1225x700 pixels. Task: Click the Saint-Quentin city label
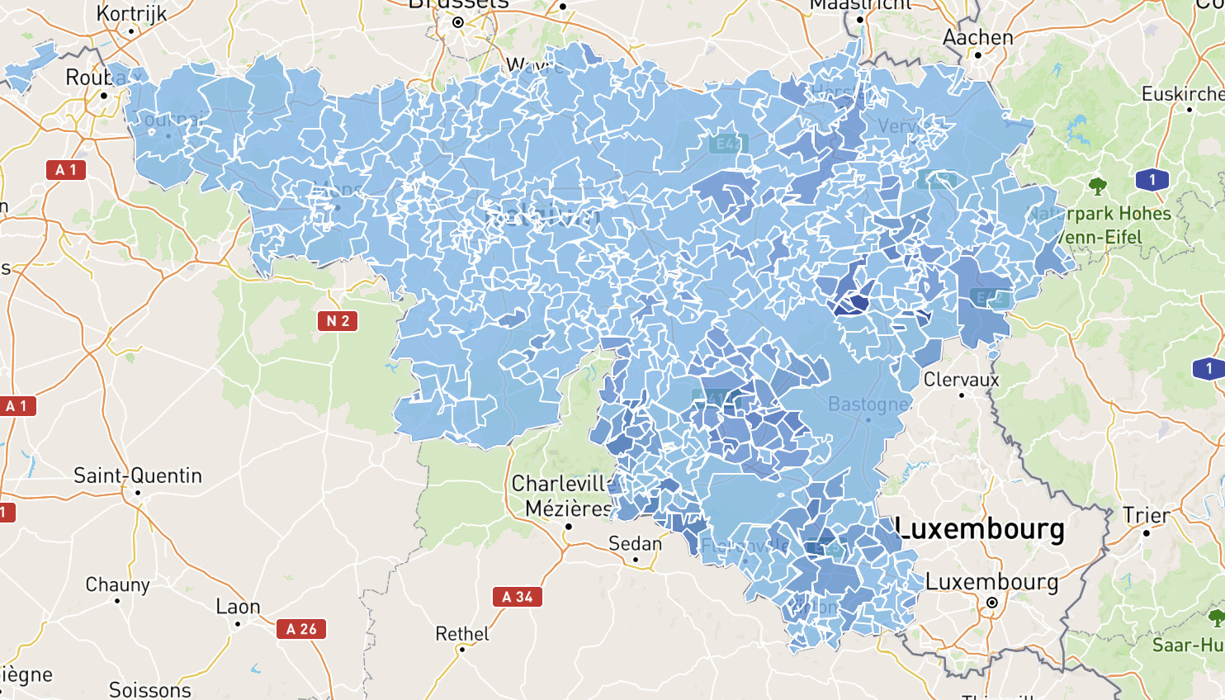pos(137,475)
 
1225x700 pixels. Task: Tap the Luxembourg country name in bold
pos(980,528)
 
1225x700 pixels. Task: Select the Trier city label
pos(1147,516)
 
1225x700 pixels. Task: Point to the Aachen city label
pos(978,37)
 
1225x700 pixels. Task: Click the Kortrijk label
pos(131,13)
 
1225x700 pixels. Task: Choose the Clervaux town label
pos(961,380)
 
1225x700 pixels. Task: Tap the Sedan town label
pos(635,543)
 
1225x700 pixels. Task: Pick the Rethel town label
pos(462,634)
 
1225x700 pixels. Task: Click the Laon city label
pos(238,607)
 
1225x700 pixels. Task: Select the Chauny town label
pos(118,584)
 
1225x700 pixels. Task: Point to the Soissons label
pos(150,689)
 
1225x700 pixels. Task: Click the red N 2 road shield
pos(338,321)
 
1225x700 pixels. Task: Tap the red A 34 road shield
pos(518,597)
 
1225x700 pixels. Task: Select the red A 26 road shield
pos(301,629)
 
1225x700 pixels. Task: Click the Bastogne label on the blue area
pos(868,404)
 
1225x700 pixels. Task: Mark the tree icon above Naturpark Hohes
pos(1097,186)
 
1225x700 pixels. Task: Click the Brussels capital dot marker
pos(458,22)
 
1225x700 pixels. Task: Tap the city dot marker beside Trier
pos(1147,533)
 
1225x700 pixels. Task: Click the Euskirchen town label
pos(1183,94)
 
